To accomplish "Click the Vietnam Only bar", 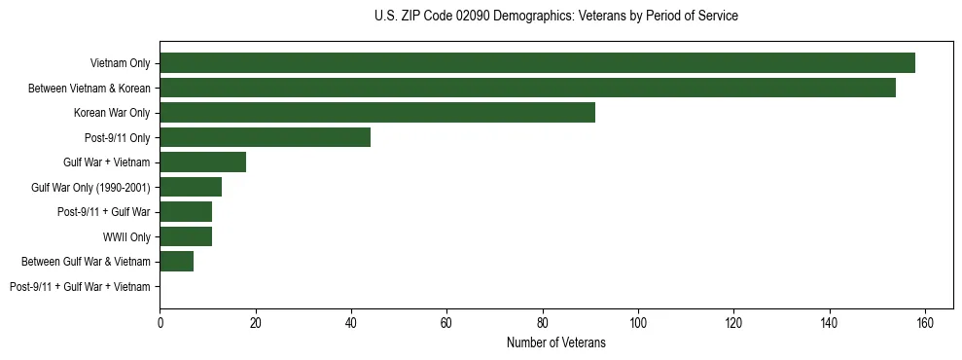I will [x=537, y=63].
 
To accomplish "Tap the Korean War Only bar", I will [x=377, y=113].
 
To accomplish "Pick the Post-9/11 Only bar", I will [x=265, y=137].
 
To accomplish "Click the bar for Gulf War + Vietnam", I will [x=202, y=162].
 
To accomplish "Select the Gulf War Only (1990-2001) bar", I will [x=191, y=187].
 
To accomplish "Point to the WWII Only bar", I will [x=186, y=236].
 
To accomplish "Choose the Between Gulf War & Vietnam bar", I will [x=176, y=261].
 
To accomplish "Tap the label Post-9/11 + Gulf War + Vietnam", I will [x=80, y=286].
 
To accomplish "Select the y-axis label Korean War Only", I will [x=112, y=113].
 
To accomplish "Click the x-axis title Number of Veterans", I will [x=555, y=342].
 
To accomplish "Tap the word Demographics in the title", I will [x=526, y=17].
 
